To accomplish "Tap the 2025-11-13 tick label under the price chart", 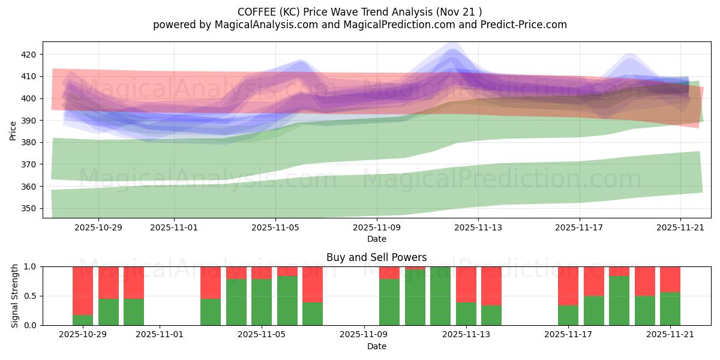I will click(x=478, y=228).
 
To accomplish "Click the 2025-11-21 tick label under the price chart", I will click(x=680, y=228).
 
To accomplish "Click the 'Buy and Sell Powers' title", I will click(x=376, y=257).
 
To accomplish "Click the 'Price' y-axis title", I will click(x=13, y=130).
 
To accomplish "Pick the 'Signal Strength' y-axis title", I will click(x=14, y=296).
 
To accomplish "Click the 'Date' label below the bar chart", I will click(x=376, y=346).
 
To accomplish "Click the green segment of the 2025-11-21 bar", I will click(x=670, y=308).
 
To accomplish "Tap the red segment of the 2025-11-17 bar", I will click(x=568, y=286).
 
